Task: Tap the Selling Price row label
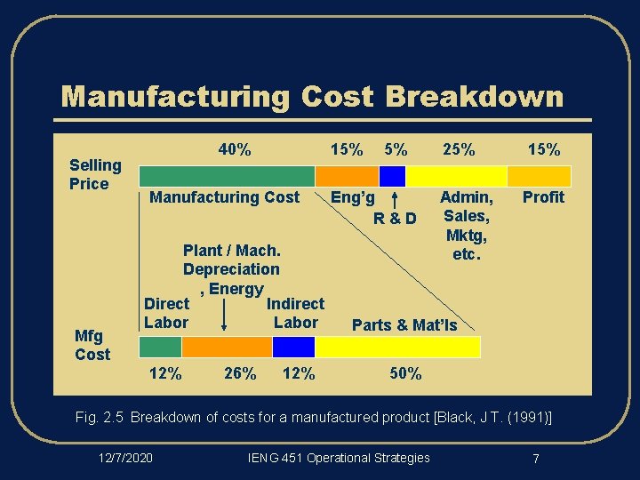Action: (x=95, y=174)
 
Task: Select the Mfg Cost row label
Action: (x=92, y=345)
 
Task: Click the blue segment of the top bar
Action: (x=393, y=175)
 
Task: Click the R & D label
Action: (x=395, y=219)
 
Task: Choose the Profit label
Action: (x=542, y=197)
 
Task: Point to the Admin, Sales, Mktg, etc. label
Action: (x=466, y=226)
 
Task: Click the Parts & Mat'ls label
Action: (x=404, y=325)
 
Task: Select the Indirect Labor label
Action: (x=295, y=313)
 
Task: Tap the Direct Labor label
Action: (x=166, y=313)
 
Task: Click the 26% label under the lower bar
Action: (x=240, y=373)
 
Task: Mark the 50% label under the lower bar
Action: (x=406, y=373)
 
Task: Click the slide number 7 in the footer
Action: (x=536, y=459)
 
